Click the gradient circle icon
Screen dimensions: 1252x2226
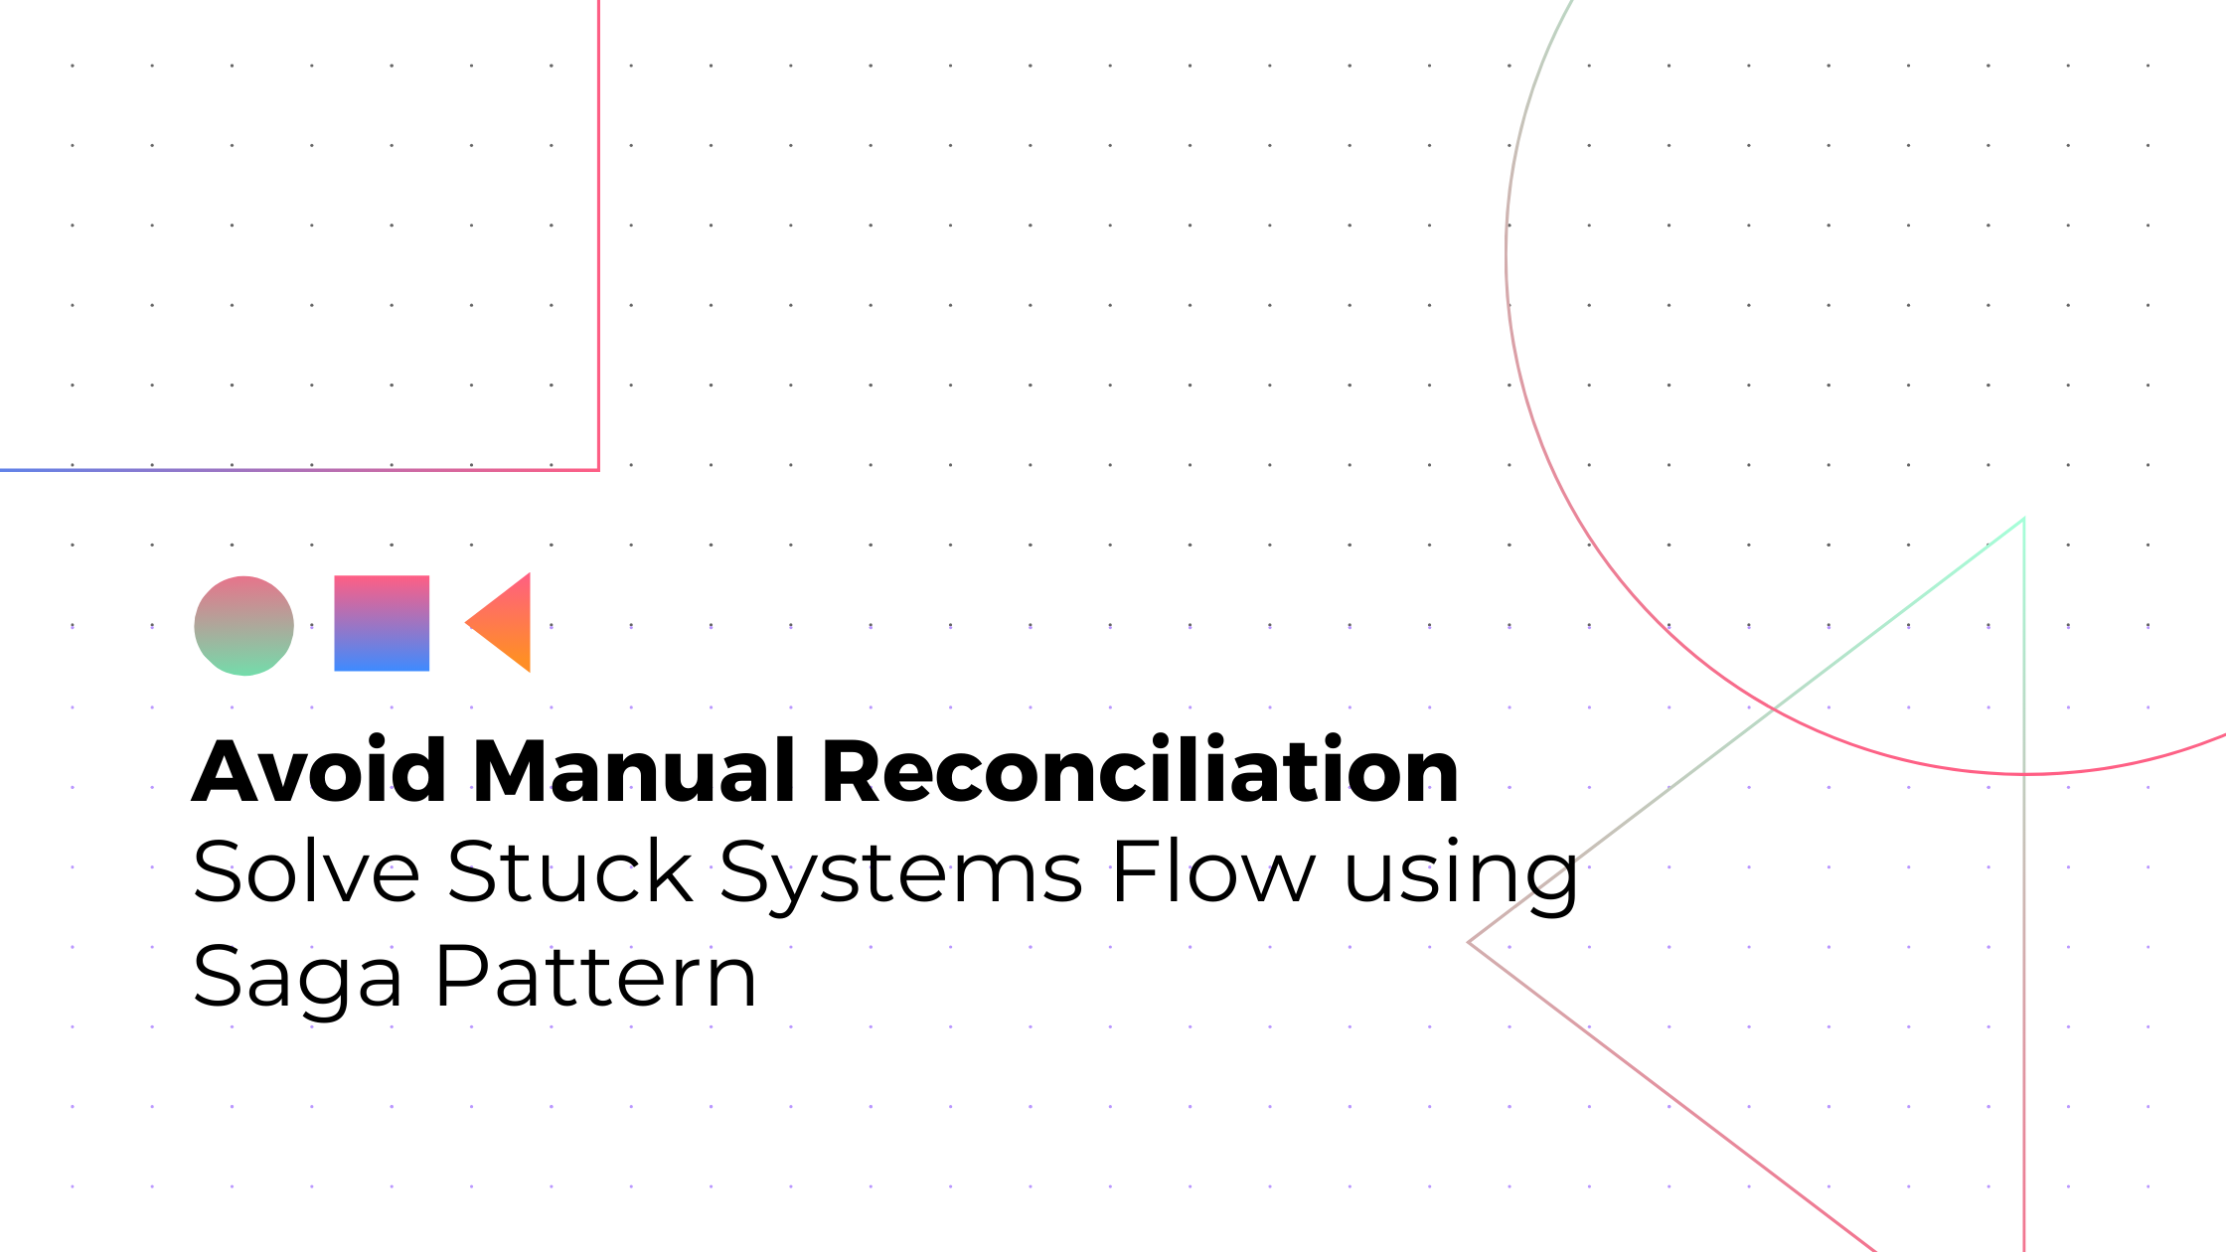tap(243, 626)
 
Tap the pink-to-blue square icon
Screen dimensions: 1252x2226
tap(382, 623)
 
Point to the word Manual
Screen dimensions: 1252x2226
tap(634, 771)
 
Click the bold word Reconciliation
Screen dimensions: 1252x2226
tap(1140, 771)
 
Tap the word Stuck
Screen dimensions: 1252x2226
tap(569, 872)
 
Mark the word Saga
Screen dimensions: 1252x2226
tap(297, 980)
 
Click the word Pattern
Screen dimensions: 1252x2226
tap(596, 978)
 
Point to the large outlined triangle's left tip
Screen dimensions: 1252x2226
tap(1470, 942)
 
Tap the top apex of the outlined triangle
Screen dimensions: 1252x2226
tap(2023, 519)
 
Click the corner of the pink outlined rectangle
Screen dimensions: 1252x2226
tap(598, 469)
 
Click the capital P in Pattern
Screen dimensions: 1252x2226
tap(463, 978)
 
